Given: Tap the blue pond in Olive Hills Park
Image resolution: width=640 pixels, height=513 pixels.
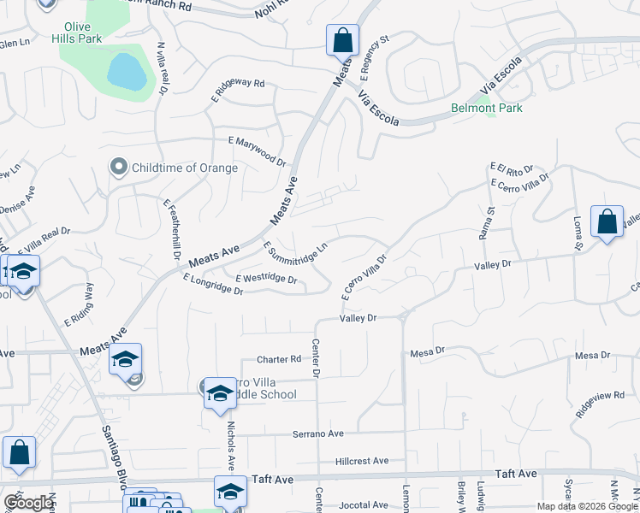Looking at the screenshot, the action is [126, 71].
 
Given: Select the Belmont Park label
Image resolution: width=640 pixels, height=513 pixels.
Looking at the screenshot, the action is [487, 109].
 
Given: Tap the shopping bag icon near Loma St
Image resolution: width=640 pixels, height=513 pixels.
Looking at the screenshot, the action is [607, 221].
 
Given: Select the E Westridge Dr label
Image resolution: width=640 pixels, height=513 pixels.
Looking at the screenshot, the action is [265, 279].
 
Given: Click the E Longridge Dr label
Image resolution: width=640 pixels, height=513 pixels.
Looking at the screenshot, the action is [213, 286].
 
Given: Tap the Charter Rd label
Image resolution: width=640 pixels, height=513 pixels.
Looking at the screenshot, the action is [280, 360].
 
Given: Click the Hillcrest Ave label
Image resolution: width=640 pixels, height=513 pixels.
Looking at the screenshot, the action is [362, 460].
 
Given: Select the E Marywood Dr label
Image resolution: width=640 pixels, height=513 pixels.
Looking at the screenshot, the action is [257, 150].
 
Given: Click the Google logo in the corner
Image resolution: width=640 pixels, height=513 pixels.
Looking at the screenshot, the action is [28, 503].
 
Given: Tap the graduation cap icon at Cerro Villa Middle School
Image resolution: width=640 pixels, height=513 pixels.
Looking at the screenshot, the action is [220, 393].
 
